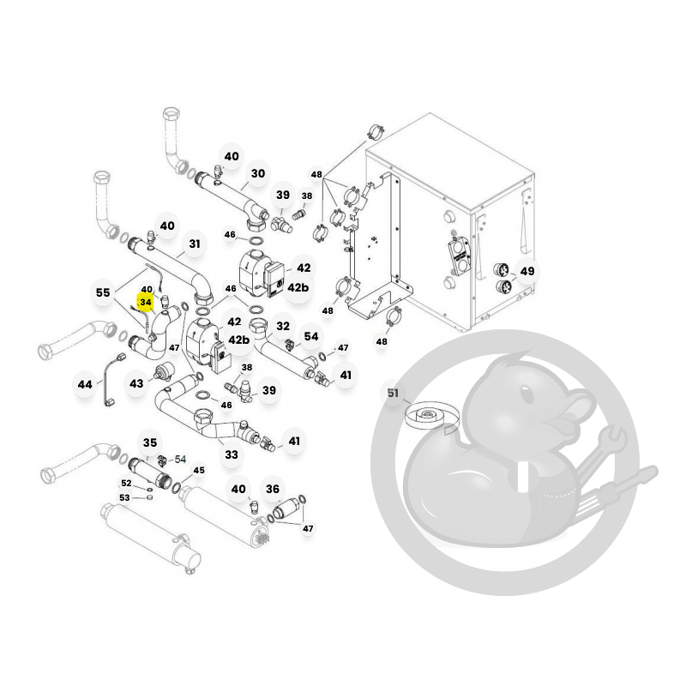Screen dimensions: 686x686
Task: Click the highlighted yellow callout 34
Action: (145, 302)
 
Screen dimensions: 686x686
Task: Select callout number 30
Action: (258, 173)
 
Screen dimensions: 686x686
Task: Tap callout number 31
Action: (195, 244)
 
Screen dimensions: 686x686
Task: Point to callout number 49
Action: (527, 271)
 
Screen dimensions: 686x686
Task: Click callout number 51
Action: (393, 393)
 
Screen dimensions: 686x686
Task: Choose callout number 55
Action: (103, 292)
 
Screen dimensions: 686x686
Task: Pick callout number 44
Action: (84, 384)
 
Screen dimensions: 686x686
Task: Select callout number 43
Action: (136, 383)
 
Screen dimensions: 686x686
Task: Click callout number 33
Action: (232, 454)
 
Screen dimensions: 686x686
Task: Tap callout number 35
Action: (149, 442)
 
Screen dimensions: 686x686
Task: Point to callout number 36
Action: (272, 489)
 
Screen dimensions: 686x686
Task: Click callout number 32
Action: (283, 326)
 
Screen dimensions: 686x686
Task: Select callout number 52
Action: (126, 483)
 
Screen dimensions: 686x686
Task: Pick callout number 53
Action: (124, 497)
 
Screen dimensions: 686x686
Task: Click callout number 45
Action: (199, 470)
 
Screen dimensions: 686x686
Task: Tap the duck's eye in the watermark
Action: (528, 397)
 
